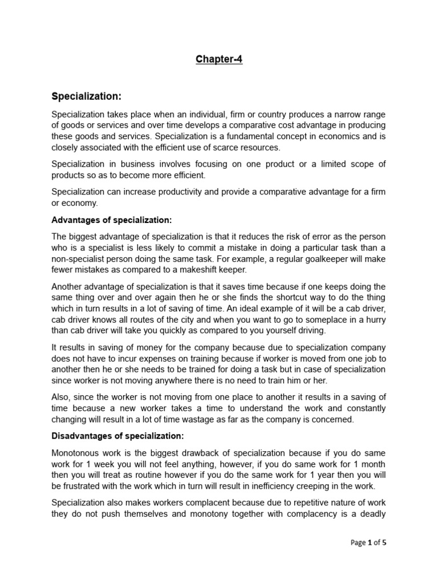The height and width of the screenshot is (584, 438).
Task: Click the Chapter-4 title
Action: pyautogui.click(x=219, y=59)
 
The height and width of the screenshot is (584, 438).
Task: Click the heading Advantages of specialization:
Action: pyautogui.click(x=111, y=220)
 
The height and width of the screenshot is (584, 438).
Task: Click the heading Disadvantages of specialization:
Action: pyautogui.click(x=118, y=436)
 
